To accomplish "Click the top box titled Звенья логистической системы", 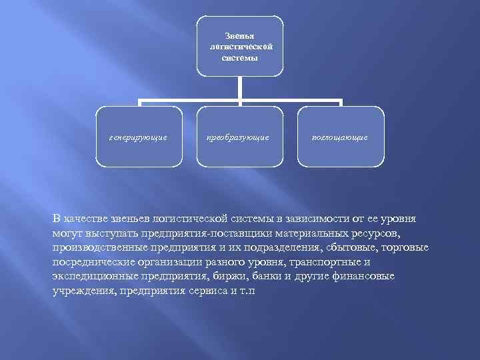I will tap(240, 45).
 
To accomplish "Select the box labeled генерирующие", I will tap(139, 137).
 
